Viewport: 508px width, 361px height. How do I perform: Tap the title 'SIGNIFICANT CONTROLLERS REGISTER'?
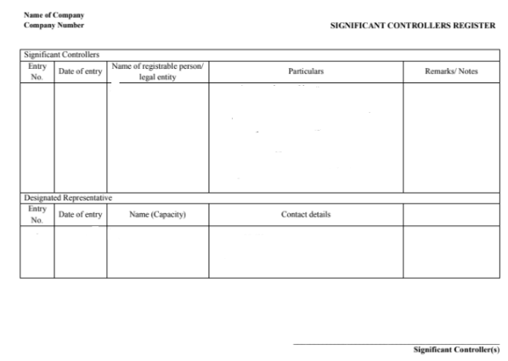coord(412,25)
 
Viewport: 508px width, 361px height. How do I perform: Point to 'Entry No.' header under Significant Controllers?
coord(37,71)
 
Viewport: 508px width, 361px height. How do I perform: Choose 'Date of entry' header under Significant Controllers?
coord(80,71)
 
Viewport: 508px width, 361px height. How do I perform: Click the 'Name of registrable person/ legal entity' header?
coord(157,71)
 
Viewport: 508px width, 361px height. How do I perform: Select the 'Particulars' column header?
coord(305,71)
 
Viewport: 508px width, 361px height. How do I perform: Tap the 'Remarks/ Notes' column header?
coord(450,71)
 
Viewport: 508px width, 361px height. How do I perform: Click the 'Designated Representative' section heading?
coord(66,197)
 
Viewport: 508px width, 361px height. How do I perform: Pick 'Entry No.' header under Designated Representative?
coord(37,214)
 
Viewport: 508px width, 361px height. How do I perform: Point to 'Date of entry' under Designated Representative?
coord(80,214)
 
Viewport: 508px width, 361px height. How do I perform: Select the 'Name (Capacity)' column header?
coord(157,214)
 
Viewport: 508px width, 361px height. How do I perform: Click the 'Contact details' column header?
coord(305,214)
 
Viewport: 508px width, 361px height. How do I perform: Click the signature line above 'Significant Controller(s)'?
coord(396,343)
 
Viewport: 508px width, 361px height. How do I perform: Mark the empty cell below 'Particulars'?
coord(305,136)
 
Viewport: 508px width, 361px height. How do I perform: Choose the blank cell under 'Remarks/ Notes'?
coord(450,136)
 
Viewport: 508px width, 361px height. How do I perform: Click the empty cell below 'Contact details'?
coord(305,251)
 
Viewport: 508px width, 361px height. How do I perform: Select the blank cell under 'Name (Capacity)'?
coord(157,251)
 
